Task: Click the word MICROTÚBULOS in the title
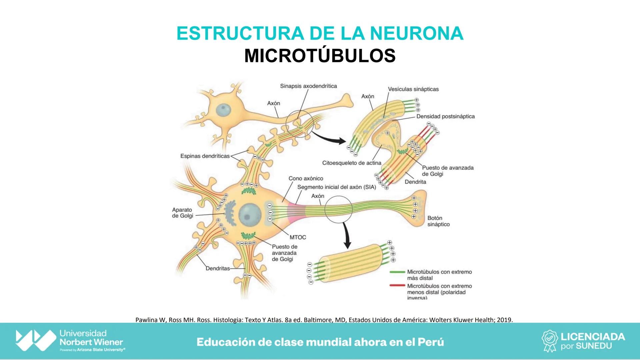320,56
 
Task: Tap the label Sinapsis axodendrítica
308,86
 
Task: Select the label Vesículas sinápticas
413,89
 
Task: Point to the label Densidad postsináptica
445,116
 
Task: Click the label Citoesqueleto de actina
352,163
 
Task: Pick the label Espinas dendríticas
205,156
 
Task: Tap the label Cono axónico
306,179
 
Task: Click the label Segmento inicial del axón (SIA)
336,187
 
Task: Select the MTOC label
298,237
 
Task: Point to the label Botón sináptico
438,221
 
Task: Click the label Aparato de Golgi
182,213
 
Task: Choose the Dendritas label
218,268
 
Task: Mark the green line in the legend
398,272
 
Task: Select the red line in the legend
398,286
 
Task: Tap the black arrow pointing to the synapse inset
330,137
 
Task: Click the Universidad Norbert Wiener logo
36,340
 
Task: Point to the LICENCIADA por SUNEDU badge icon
550,341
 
